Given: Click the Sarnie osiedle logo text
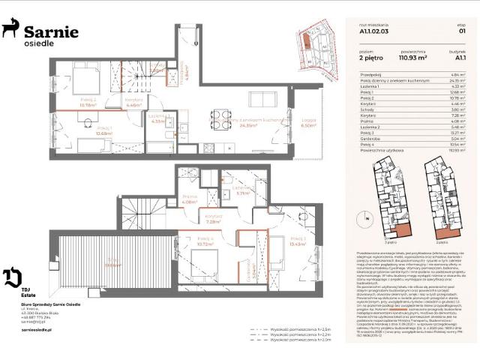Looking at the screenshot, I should [x=51, y=34].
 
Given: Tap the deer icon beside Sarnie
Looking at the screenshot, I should [x=11, y=29].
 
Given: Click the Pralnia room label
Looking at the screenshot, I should [x=189, y=199].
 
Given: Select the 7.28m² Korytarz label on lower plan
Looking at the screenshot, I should [x=211, y=220].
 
